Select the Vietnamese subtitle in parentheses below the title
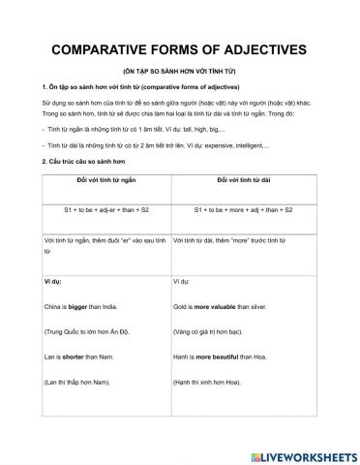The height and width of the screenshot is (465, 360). point(179,73)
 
